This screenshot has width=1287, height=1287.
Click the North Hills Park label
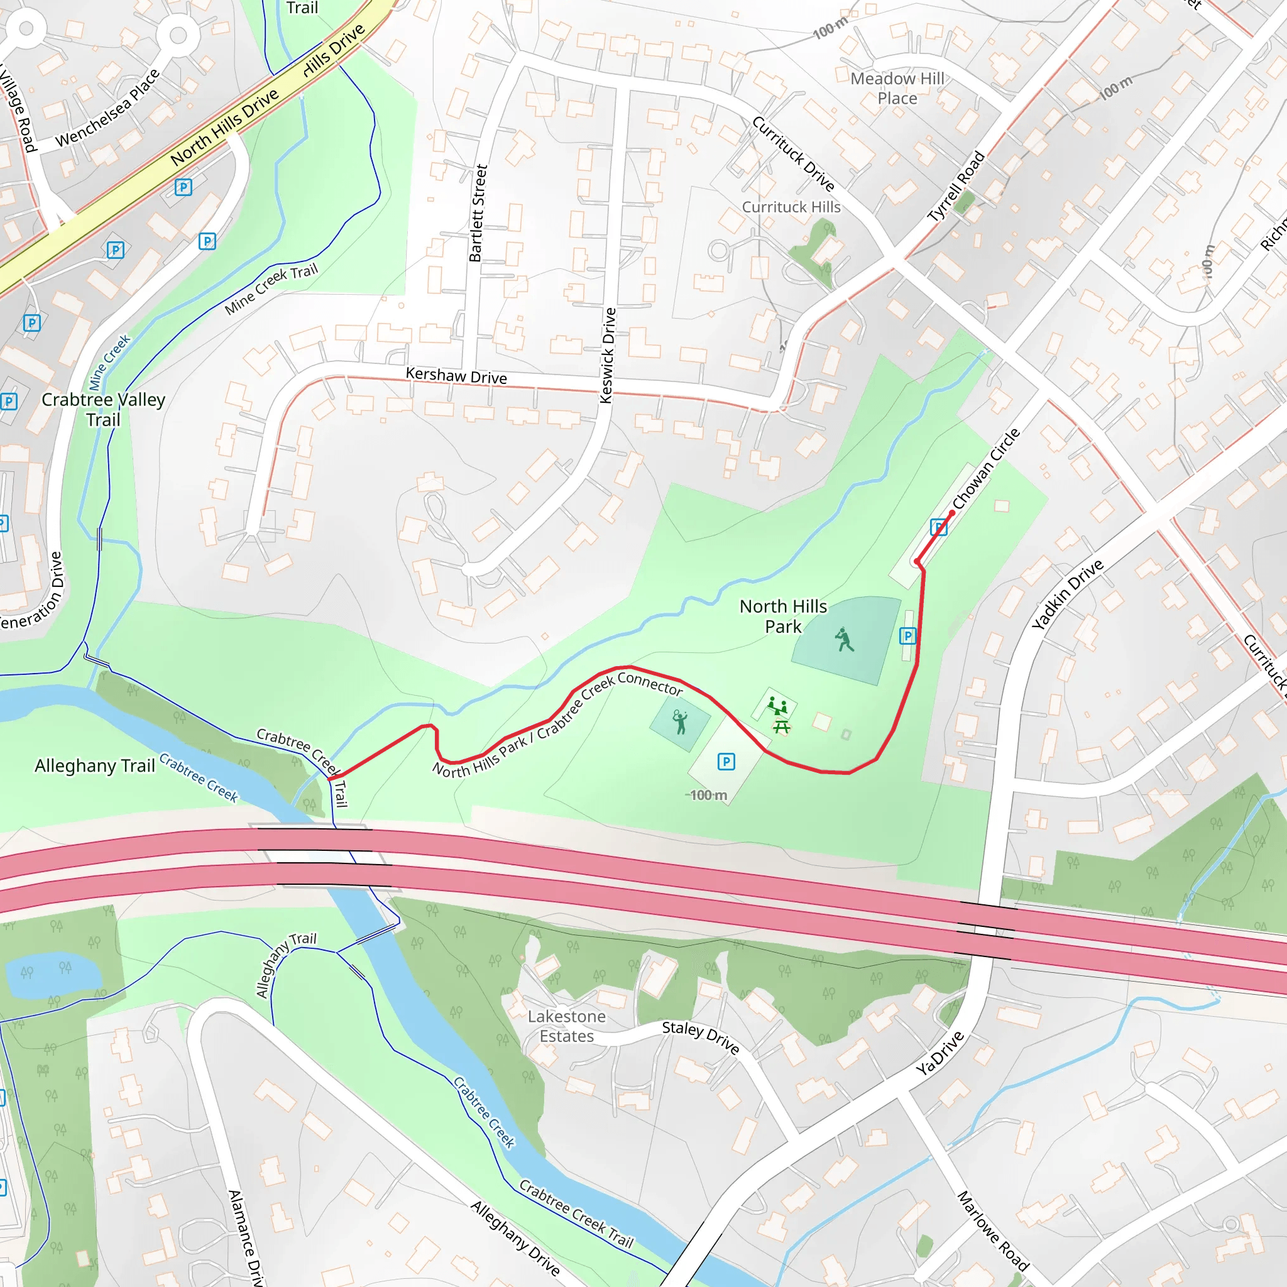[x=783, y=616]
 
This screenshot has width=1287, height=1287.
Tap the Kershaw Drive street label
[x=456, y=376]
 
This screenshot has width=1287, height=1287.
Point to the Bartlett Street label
[x=478, y=213]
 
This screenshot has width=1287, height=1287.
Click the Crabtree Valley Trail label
[x=103, y=409]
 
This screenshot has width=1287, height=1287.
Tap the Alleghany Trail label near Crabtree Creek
[x=95, y=766]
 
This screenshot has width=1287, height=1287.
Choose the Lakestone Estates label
[x=566, y=1026]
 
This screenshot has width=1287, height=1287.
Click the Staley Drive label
[x=700, y=1037]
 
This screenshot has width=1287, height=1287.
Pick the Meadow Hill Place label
[x=897, y=88]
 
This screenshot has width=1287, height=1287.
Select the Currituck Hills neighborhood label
[x=791, y=207]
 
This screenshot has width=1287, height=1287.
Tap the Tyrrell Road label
[x=956, y=187]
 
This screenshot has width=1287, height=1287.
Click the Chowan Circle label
[x=986, y=468]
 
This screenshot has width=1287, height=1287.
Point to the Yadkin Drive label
[x=1067, y=594]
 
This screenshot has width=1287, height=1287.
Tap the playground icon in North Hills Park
[x=777, y=705]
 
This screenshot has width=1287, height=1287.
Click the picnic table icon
[x=781, y=727]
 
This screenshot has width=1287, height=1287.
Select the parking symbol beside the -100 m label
[x=726, y=762]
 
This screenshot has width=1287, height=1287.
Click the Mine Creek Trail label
[x=271, y=289]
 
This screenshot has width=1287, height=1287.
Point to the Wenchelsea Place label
[x=107, y=108]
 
